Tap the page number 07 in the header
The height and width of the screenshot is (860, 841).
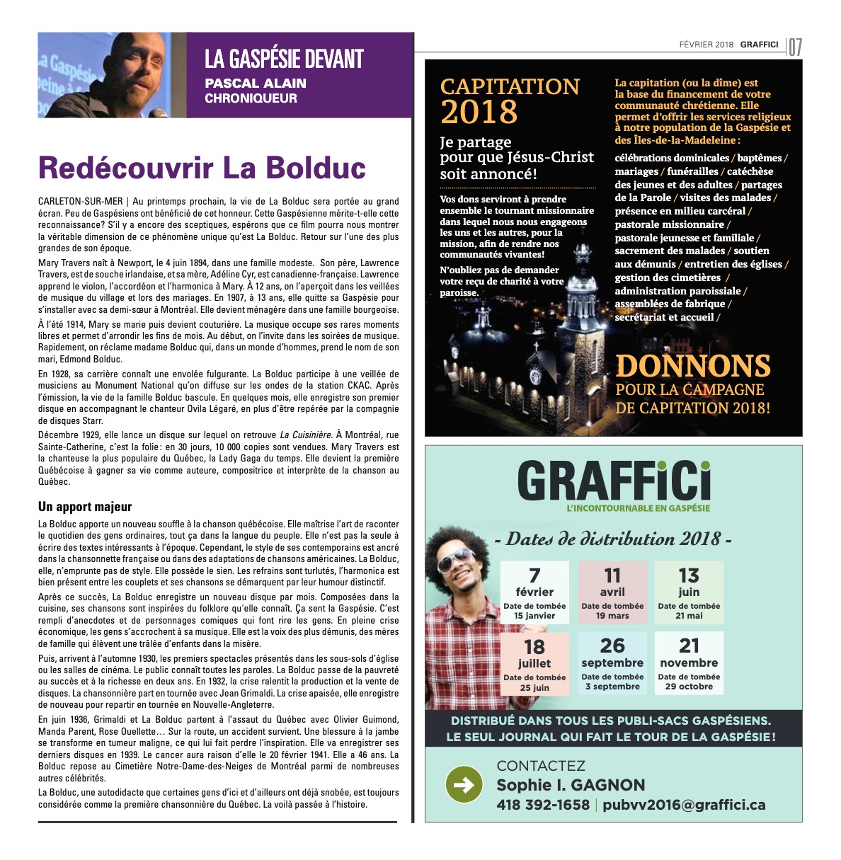pos(795,47)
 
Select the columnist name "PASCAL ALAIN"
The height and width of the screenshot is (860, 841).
pos(256,84)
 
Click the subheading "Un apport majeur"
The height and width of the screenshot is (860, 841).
pos(85,507)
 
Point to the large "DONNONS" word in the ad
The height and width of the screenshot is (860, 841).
pos(693,366)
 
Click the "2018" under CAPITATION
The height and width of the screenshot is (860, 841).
pos(479,113)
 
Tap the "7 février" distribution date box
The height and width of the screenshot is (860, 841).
pos(534,592)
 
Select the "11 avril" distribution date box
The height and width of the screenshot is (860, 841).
pos(612,592)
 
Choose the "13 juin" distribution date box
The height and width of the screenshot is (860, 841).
pos(689,592)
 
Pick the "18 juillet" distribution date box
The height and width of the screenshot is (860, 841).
pos(534,664)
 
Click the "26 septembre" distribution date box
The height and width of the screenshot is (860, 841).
pos(612,664)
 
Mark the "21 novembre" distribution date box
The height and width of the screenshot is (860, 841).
pos(689,664)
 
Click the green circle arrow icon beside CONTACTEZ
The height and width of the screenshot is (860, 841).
pos(464,784)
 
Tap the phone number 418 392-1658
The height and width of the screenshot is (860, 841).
pos(543,805)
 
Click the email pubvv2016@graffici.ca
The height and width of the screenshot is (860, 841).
pos(684,805)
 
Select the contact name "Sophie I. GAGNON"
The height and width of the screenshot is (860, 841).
pos(571,785)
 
